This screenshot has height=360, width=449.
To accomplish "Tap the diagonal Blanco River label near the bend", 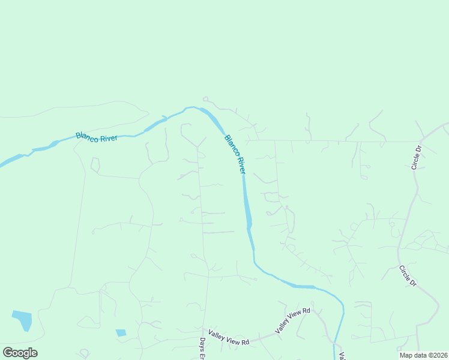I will [235, 154].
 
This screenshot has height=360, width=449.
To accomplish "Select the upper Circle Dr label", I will [417, 157].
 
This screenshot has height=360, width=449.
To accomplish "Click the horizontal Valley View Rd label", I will [229, 337].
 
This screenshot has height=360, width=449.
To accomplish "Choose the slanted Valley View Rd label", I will [292, 320].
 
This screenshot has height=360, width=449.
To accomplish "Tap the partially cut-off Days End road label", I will [202, 348].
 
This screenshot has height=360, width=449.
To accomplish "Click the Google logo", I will [20, 353].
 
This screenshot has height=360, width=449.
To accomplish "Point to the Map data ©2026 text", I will [423, 355].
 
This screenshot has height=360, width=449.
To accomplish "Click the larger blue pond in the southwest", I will [22, 320].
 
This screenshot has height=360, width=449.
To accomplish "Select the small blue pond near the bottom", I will [121, 332].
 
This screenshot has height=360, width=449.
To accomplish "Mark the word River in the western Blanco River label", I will [108, 139].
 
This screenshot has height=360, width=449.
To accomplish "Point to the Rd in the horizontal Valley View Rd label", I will [245, 342].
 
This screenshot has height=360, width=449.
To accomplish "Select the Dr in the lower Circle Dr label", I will [413, 283].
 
